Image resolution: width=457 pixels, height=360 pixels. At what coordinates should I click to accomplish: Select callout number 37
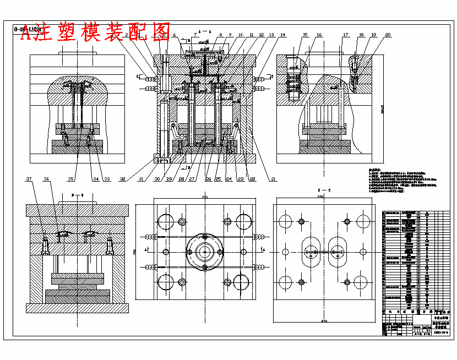point(29,179)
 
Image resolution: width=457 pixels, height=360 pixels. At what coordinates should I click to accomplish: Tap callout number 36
point(47,179)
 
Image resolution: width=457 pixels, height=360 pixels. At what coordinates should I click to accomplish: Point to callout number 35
point(70,179)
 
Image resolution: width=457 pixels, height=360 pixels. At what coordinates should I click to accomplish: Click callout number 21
point(274,179)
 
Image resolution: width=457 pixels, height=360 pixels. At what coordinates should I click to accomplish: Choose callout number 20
point(388,35)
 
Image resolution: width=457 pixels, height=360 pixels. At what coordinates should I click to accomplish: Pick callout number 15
point(304,35)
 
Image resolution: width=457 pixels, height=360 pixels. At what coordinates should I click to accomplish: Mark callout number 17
point(345,35)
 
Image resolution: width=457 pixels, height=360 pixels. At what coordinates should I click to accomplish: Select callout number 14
point(282,35)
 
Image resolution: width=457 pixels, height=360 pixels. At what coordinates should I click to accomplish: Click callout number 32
point(122,179)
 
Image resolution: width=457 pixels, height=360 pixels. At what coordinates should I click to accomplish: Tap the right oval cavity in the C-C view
point(339,252)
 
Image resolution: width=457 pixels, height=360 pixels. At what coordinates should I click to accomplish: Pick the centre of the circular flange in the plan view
point(205,252)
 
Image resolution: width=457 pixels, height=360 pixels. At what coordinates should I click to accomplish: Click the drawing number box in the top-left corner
point(28,29)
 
